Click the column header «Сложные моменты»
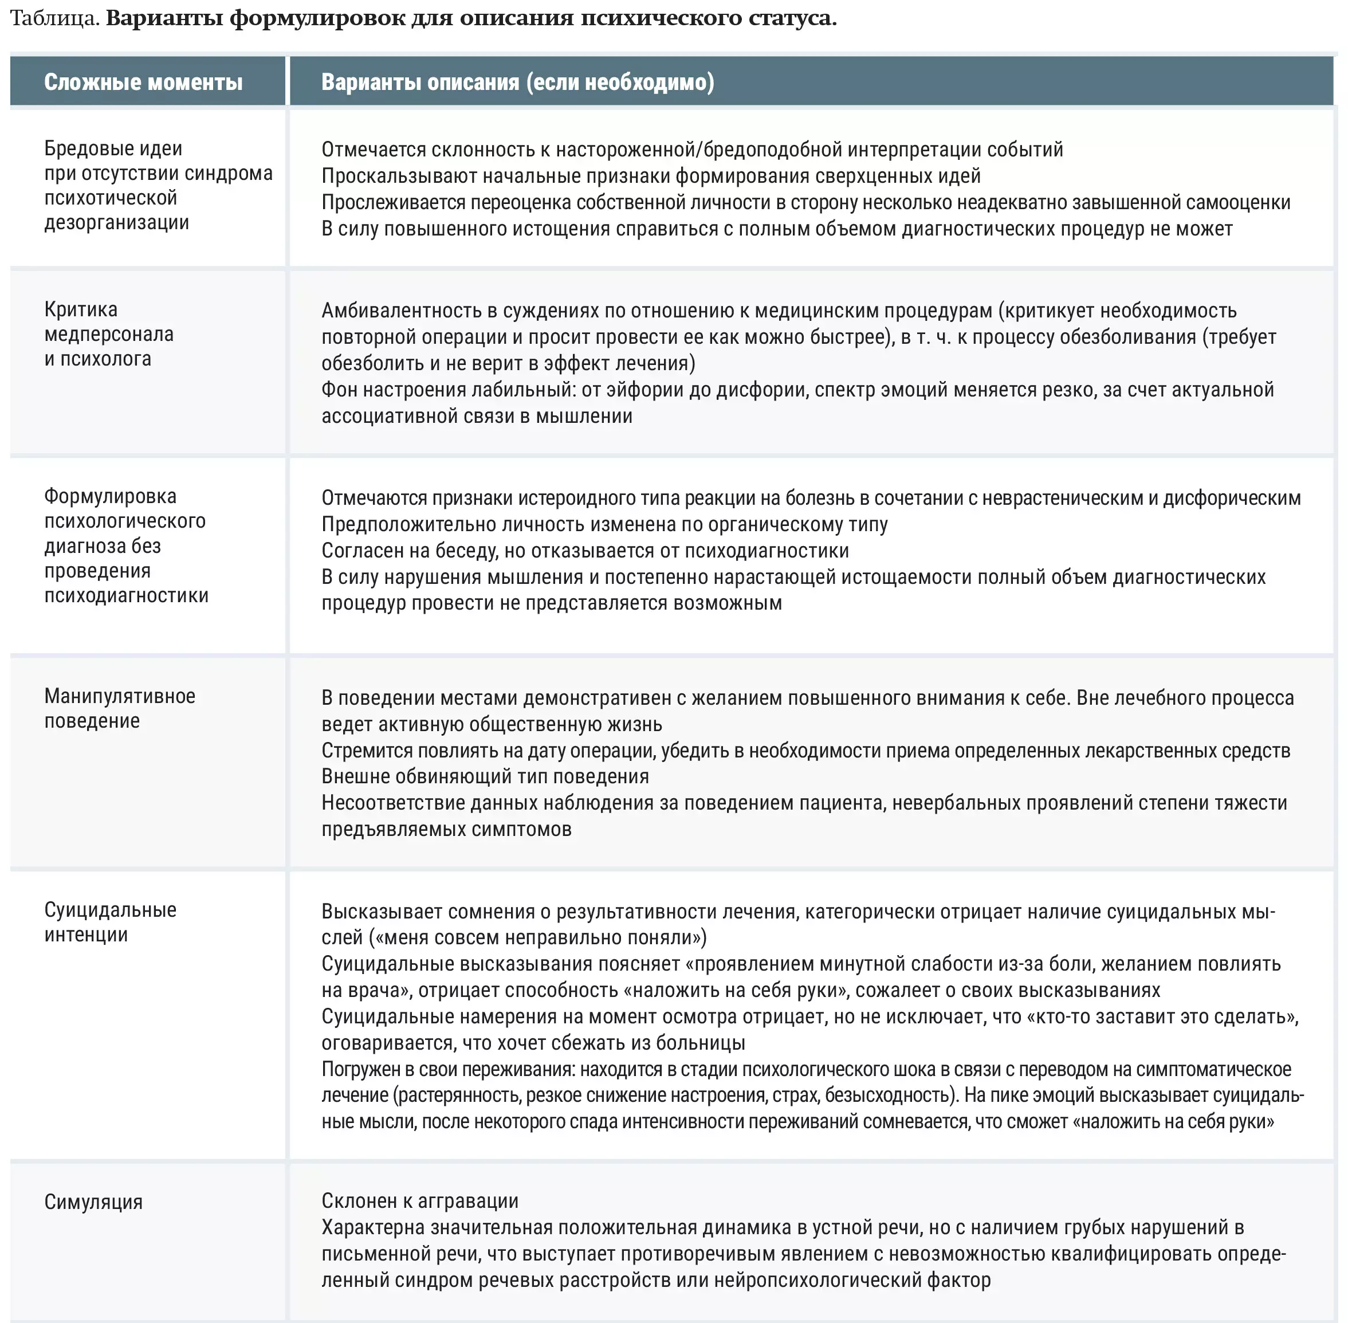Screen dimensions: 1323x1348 point(143,82)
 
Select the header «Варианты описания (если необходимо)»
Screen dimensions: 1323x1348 point(517,82)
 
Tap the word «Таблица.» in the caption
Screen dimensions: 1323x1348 point(55,18)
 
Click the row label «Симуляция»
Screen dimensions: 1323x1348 point(93,1202)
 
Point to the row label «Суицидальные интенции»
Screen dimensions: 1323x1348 point(110,922)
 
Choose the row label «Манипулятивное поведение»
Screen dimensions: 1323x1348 point(120,708)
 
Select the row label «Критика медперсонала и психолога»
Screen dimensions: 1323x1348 point(108,333)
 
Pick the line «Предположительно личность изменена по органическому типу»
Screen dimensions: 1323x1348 point(604,524)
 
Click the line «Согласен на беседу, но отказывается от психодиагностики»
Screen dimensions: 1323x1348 point(584,550)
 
